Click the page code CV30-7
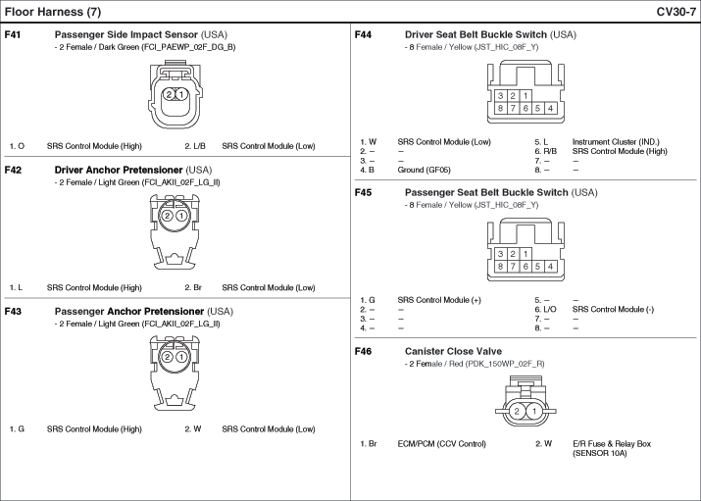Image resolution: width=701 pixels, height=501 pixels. coord(676,11)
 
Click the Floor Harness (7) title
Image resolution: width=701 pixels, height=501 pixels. coord(53,11)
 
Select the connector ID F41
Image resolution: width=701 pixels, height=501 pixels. coord(14,34)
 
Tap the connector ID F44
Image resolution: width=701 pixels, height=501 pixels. coord(364,34)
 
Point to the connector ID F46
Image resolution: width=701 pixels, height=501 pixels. coord(364,350)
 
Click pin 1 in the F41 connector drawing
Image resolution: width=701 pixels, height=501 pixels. coord(180,95)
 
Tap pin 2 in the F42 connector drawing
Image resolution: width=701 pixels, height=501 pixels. coord(168,216)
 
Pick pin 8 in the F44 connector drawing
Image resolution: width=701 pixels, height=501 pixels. coord(500,108)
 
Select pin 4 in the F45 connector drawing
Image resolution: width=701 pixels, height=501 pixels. coord(551,266)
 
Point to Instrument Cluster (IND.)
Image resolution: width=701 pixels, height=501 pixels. coord(616,141)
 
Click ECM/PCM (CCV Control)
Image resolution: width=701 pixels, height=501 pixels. coord(442,444)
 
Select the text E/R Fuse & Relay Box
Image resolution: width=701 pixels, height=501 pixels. coord(612,444)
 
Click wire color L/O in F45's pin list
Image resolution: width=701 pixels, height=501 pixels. coord(546,309)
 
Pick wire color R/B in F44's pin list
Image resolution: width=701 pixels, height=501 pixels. coord(546,151)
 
